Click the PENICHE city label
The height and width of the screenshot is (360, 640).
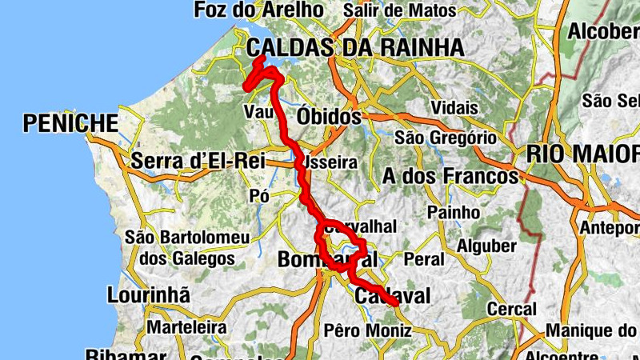click(71, 123)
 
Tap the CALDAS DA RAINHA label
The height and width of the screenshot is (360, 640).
click(355, 47)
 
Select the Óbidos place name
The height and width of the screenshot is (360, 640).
click(329, 117)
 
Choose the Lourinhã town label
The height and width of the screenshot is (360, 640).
click(150, 295)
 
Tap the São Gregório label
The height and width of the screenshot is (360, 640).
click(445, 138)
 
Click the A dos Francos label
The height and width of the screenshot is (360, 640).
click(450, 175)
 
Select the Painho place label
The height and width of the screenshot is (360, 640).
click(454, 213)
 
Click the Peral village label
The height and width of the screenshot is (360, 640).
click(423, 260)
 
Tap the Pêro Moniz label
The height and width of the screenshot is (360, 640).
click(362, 330)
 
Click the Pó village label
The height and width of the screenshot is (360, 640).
click(259, 196)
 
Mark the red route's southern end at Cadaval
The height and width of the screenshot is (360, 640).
click(396, 302)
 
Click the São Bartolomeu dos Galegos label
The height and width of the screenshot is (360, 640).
click(187, 248)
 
